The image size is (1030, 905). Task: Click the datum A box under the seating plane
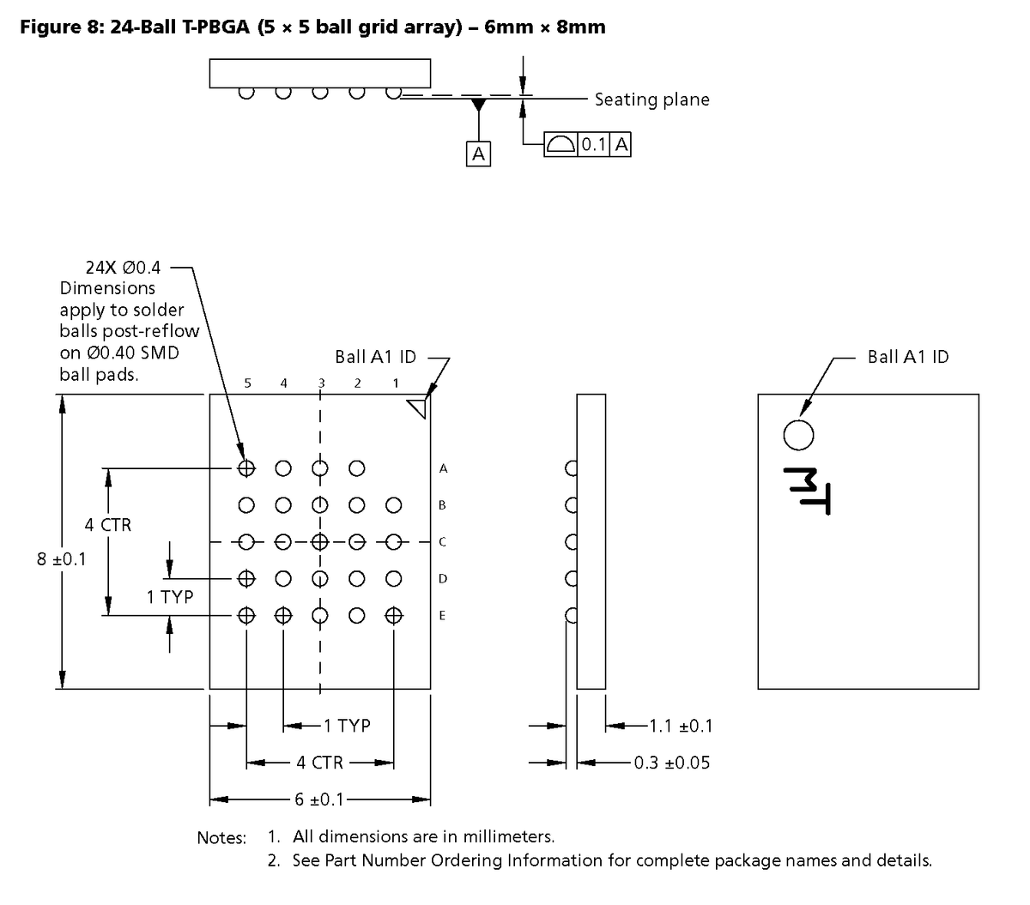click(x=478, y=154)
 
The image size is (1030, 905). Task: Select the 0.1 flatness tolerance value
click(x=593, y=144)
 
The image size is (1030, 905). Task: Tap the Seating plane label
click(x=651, y=100)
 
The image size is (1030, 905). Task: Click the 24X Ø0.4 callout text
click(x=123, y=268)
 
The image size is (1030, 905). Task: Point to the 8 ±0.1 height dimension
click(x=62, y=559)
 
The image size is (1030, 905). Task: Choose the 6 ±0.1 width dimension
click(x=319, y=799)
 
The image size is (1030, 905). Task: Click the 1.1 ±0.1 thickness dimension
click(x=681, y=726)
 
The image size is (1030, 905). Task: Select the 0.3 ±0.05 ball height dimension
click(x=671, y=763)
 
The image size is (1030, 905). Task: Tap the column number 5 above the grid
click(x=247, y=383)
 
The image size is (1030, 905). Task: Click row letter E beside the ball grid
click(x=442, y=615)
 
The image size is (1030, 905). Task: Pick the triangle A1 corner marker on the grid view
click(x=419, y=407)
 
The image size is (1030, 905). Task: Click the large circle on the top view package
click(x=798, y=435)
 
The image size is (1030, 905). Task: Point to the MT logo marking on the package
click(x=807, y=491)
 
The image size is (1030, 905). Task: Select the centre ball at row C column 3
click(x=320, y=541)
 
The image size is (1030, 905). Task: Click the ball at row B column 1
click(x=393, y=505)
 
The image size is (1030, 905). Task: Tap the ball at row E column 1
click(x=393, y=615)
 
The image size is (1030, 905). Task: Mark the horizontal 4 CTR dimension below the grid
click(x=320, y=763)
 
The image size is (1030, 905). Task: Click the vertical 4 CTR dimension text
click(x=108, y=524)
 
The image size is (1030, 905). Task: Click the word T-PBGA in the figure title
click(x=215, y=27)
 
